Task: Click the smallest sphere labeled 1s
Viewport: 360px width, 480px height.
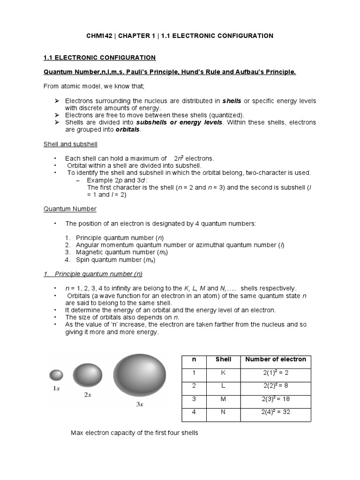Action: click(56, 375)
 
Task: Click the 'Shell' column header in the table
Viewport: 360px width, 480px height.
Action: click(223, 360)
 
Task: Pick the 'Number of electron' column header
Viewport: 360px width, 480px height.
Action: click(276, 360)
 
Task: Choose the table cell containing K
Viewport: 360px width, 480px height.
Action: click(223, 373)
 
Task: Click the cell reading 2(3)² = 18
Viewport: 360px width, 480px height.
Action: click(276, 400)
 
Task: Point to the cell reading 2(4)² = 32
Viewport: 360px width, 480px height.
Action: click(276, 413)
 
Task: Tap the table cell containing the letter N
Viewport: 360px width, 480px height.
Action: click(223, 413)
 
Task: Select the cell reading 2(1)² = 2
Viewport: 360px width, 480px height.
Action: click(276, 373)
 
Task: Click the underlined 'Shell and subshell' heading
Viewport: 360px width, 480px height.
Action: click(70, 144)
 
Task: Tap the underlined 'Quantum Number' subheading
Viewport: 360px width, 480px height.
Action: click(70, 209)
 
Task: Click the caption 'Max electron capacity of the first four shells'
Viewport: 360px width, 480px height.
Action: click(135, 433)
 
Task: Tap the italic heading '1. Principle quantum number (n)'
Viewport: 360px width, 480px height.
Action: click(93, 274)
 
